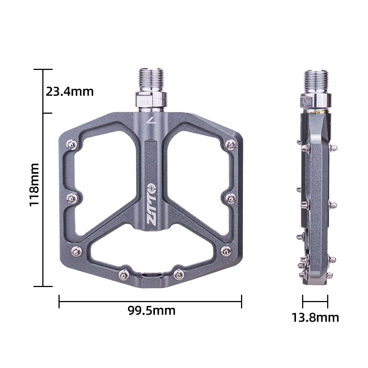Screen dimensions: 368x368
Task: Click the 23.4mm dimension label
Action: tap(70, 91)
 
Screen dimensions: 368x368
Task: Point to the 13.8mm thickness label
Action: tap(315, 317)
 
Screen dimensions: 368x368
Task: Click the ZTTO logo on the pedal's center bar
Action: tap(152, 205)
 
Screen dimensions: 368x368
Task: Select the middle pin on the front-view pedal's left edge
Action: tap(71, 198)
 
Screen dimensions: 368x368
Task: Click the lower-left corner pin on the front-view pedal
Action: tap(77, 251)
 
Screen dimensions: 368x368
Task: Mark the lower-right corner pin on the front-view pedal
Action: tap(226, 251)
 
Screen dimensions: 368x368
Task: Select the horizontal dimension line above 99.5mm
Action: tap(150, 302)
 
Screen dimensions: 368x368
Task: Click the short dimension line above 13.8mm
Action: tap(315, 302)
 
